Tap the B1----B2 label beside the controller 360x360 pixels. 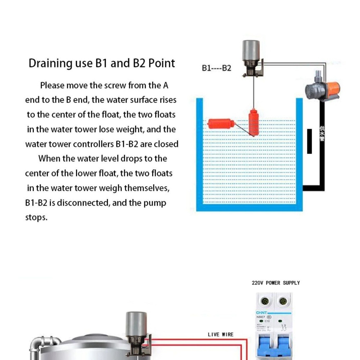click(x=216, y=68)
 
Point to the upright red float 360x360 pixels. click(x=253, y=122)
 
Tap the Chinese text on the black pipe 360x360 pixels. click(x=322, y=134)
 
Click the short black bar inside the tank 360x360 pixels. click(x=309, y=141)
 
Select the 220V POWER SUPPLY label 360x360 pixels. click(x=276, y=283)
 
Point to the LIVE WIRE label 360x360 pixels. click(x=221, y=334)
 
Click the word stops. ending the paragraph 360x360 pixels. click(x=36, y=217)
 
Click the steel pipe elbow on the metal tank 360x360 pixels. click(x=40, y=344)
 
